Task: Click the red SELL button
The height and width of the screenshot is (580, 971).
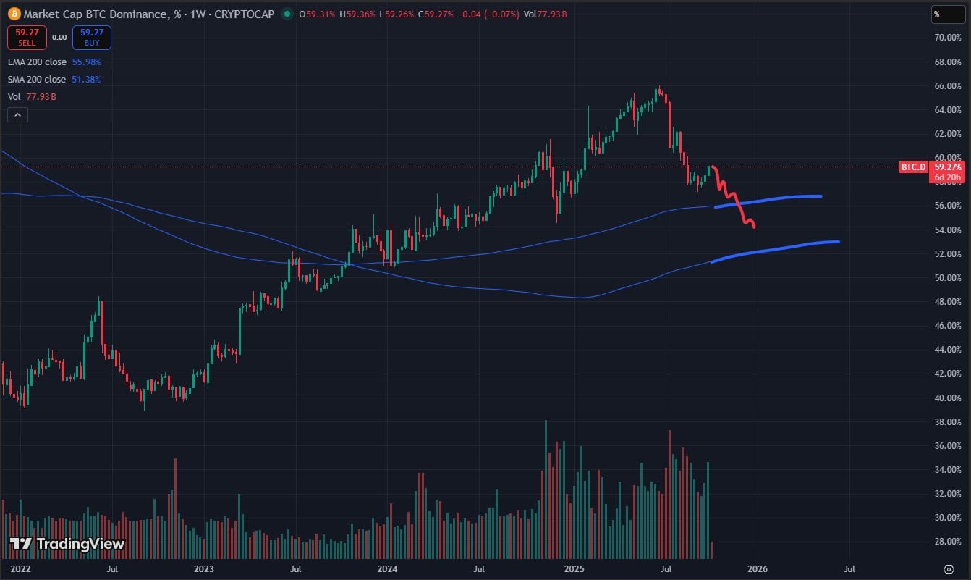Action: click(x=27, y=38)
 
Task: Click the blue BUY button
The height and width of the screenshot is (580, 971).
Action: click(x=91, y=38)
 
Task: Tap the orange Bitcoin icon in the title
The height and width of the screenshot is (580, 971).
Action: click(x=14, y=13)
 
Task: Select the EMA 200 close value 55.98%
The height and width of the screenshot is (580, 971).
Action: click(x=86, y=62)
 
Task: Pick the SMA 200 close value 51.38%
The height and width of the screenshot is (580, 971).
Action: click(x=86, y=80)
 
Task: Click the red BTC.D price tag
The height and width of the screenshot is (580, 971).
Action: click(x=913, y=167)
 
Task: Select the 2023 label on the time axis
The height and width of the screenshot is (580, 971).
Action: click(x=205, y=569)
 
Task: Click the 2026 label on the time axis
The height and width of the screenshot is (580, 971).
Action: click(x=757, y=569)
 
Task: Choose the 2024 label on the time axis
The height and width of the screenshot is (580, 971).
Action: click(x=389, y=569)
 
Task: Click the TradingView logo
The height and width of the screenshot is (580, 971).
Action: click(x=67, y=544)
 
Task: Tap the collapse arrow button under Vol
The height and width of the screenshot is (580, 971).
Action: click(x=17, y=114)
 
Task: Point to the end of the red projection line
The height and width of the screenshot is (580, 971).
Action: click(x=755, y=227)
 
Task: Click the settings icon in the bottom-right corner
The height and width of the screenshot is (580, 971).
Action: click(x=949, y=568)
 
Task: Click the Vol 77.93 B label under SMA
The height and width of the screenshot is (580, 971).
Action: click(x=33, y=96)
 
